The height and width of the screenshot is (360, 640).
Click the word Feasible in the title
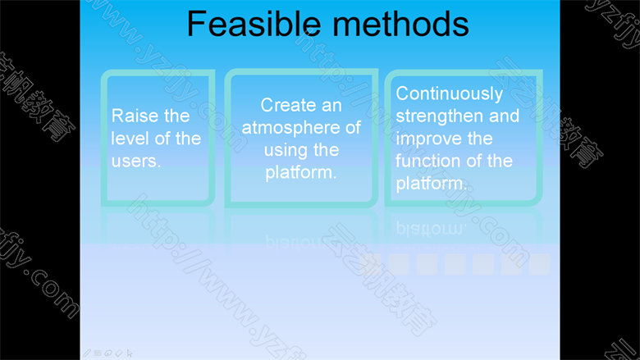[x=254, y=24]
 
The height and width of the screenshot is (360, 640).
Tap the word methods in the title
[x=400, y=24]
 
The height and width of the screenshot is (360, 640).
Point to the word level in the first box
[x=130, y=139]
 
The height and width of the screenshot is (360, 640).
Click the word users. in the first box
[x=136, y=161]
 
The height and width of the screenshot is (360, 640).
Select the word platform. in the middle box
[x=301, y=173]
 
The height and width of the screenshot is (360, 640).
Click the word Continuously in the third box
[x=450, y=94]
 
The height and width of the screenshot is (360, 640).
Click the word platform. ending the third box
[x=432, y=184]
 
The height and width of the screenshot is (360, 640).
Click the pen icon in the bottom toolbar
[x=87, y=353]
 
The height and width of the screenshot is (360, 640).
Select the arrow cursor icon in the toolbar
[x=130, y=353]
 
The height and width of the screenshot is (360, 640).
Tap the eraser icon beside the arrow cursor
[x=119, y=353]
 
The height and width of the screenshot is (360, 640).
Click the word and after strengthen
[x=504, y=116]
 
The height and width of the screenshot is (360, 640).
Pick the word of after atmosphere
[x=353, y=127]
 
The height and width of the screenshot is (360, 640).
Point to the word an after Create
[x=331, y=106]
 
